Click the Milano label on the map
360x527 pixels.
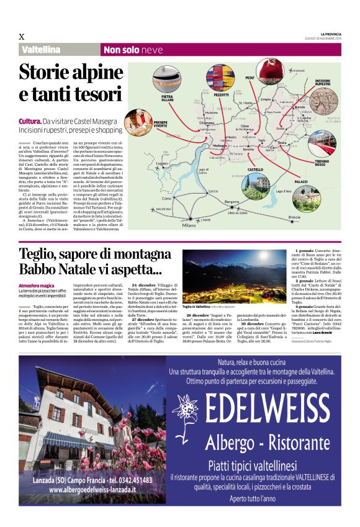(189, 225)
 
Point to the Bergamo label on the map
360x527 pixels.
(231, 202)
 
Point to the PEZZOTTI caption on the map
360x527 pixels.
(222, 96)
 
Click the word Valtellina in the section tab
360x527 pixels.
(41, 50)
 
